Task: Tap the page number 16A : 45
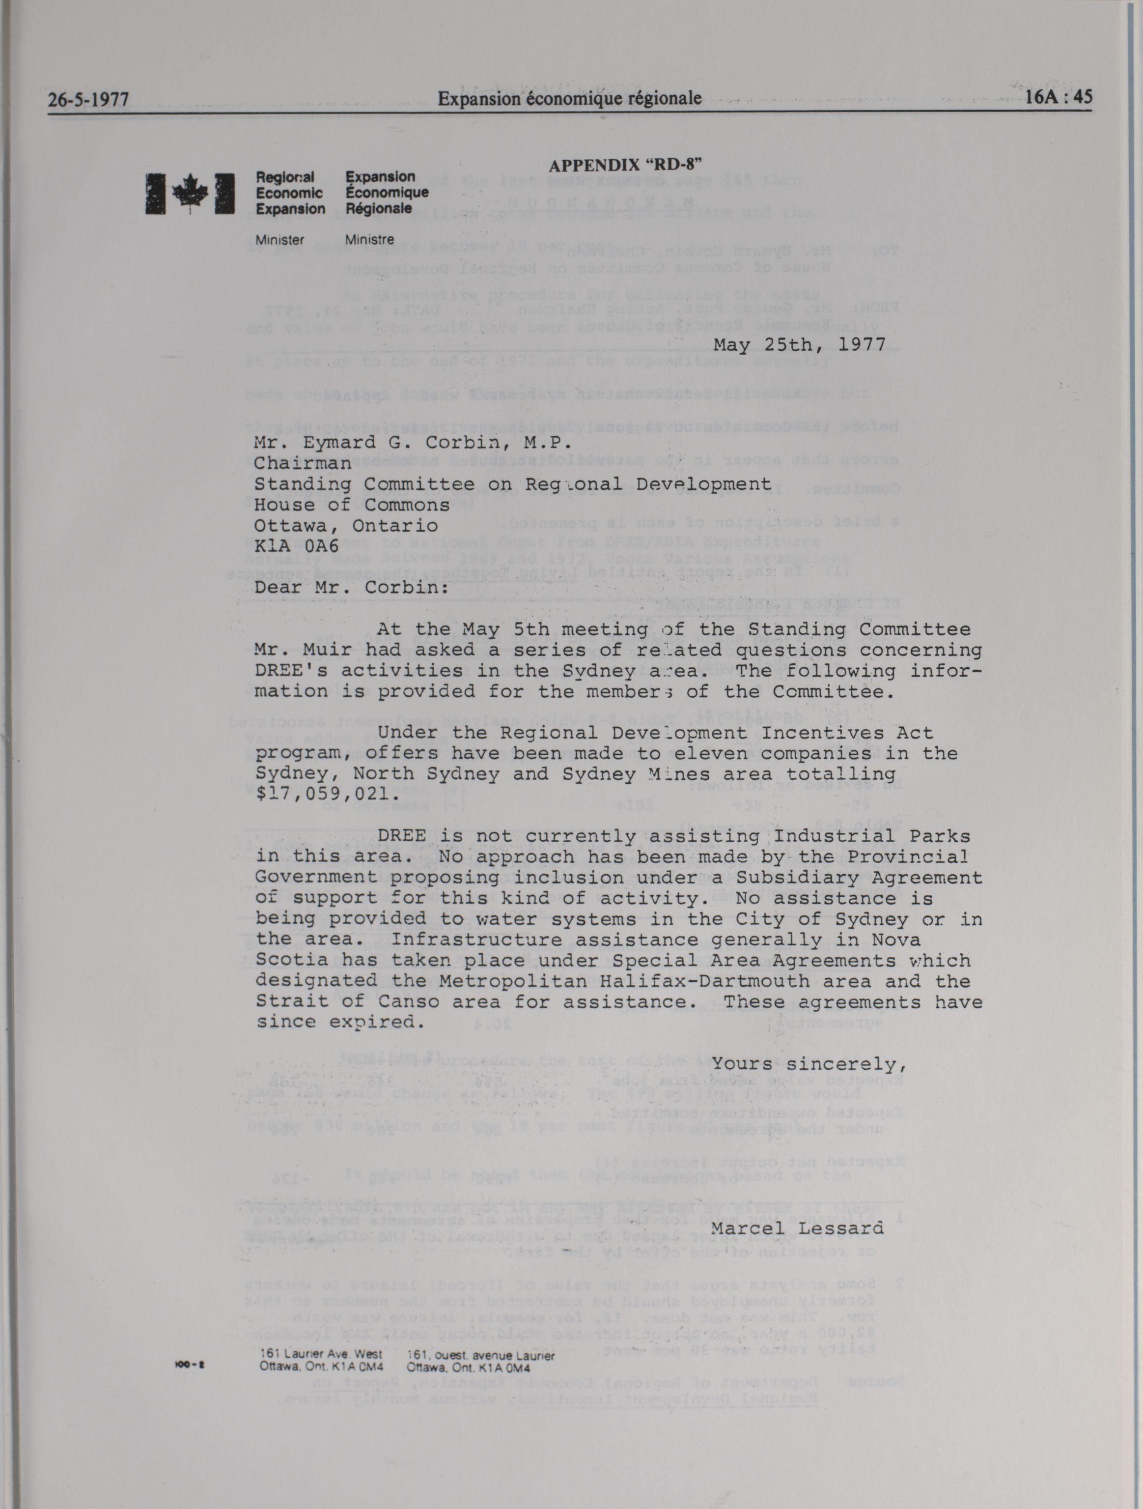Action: click(1059, 97)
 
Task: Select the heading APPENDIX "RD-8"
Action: click(625, 165)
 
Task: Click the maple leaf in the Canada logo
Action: click(190, 195)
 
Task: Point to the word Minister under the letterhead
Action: click(279, 240)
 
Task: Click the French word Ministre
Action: click(369, 240)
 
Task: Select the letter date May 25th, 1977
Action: click(799, 344)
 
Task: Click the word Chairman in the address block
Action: click(303, 463)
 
